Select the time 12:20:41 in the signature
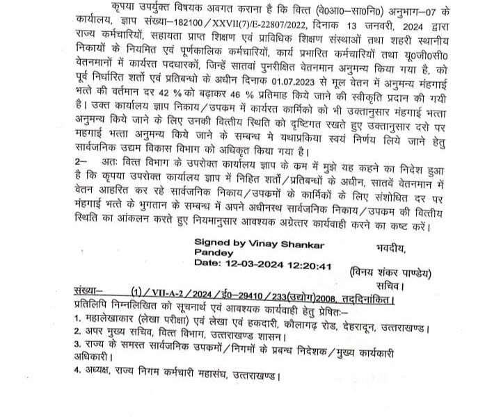click(x=303, y=265)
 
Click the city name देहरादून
click(x=384, y=326)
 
